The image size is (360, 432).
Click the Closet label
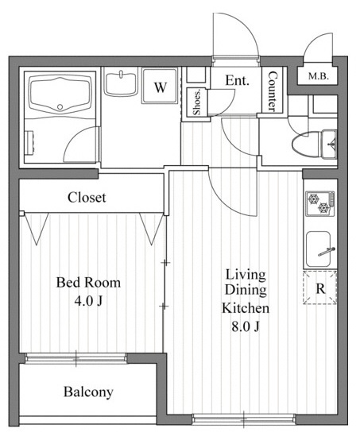(x=87, y=198)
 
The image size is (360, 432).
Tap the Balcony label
(x=88, y=392)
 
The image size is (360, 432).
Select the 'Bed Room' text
(x=88, y=283)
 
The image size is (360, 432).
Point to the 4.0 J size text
(x=88, y=301)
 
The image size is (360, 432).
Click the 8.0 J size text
(x=246, y=326)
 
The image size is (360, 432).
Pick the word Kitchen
(x=246, y=308)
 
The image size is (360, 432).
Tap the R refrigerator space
(x=320, y=288)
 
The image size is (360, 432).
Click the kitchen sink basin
(x=319, y=249)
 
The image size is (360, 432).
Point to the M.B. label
(x=319, y=76)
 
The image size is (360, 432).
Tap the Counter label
(x=273, y=91)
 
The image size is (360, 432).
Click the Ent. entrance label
(x=238, y=80)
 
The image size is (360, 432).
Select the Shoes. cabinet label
(x=197, y=102)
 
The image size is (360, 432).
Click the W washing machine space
(x=161, y=87)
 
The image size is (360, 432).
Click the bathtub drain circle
(x=60, y=107)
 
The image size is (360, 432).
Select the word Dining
(x=246, y=290)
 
